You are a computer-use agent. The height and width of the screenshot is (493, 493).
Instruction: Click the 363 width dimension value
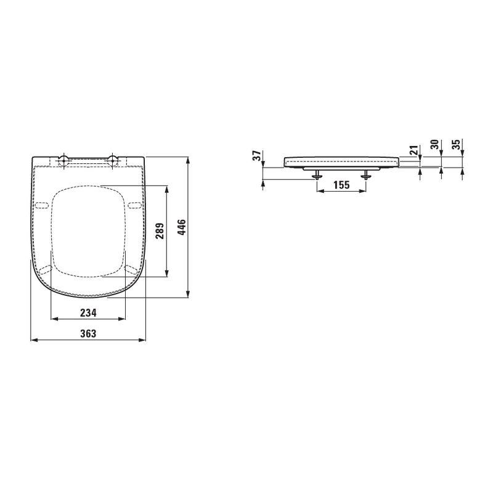point(88,333)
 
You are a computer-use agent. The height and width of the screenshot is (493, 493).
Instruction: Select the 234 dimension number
point(88,313)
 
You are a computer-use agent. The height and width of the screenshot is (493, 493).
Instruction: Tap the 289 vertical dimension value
point(158,230)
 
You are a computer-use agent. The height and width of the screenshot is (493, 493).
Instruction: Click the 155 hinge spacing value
point(341,184)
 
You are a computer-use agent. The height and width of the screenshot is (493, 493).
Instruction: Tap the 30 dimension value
point(434,145)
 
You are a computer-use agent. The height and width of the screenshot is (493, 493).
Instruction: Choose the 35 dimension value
point(455,145)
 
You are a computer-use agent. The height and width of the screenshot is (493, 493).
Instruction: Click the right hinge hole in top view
point(113,161)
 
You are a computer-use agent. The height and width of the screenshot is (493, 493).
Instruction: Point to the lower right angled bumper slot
point(131,268)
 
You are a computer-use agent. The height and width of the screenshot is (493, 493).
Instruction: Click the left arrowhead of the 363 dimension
point(33,340)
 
